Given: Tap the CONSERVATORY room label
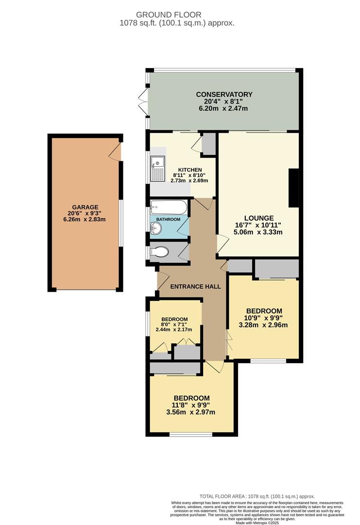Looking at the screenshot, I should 224,94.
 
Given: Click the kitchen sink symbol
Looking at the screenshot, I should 158,168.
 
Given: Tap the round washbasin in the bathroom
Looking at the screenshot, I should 158,231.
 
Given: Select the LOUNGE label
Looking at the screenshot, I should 259,218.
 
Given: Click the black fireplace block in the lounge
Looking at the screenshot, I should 293,189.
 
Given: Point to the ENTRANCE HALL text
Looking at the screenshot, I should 196,287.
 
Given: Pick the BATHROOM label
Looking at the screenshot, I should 168,220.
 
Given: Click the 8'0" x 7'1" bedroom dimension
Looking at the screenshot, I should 174,324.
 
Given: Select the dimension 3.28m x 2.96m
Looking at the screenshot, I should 264,325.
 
